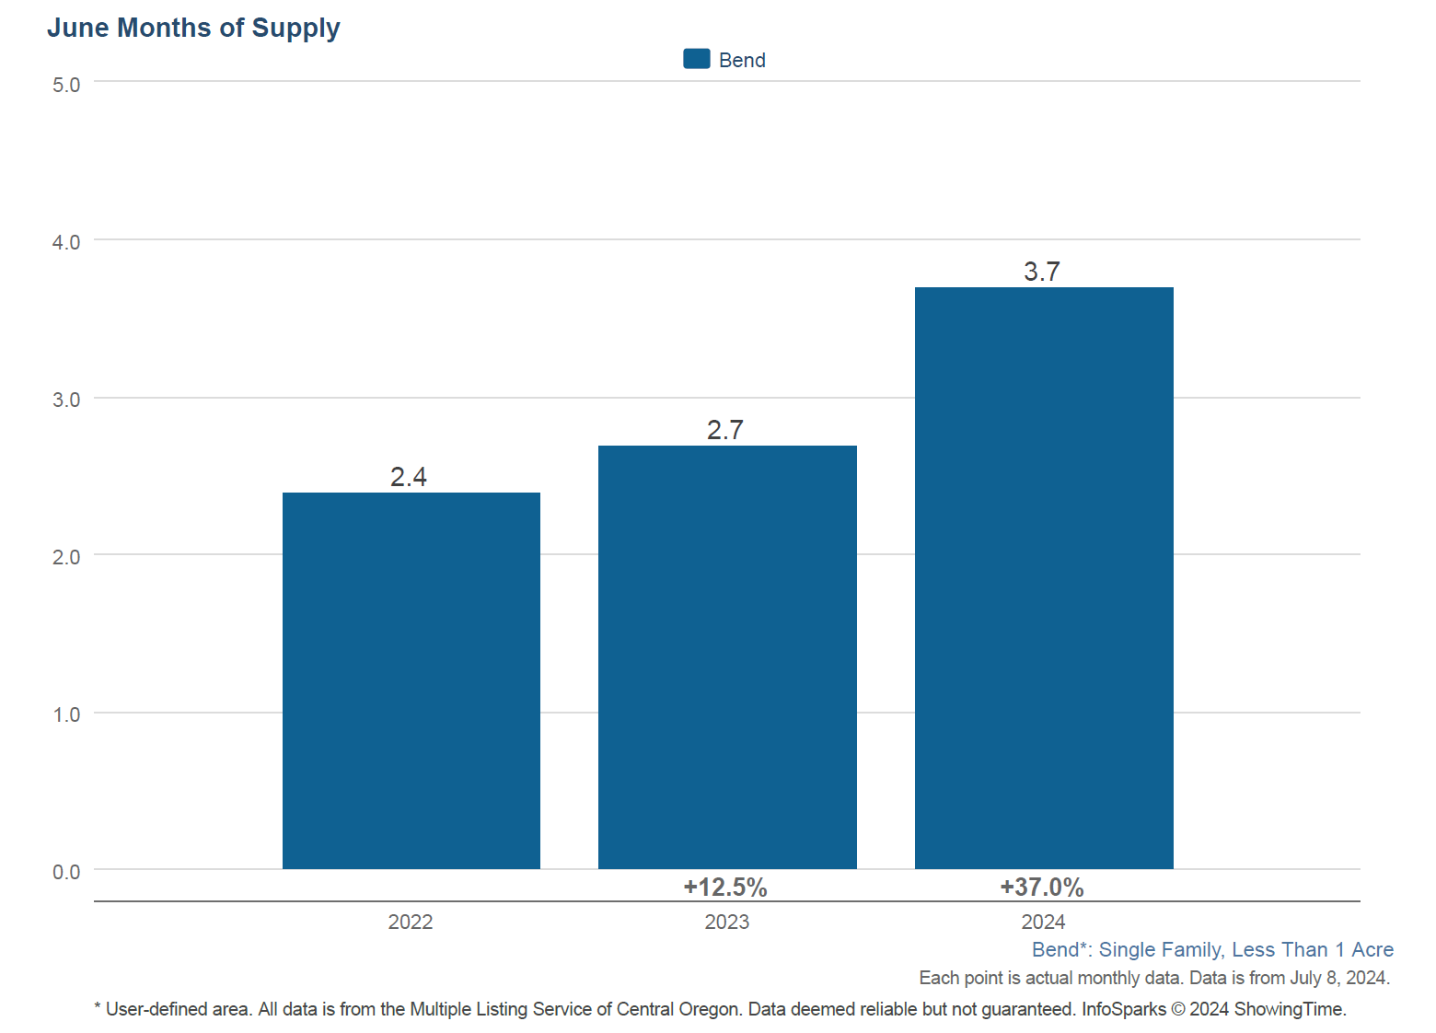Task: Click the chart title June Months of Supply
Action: [x=193, y=28]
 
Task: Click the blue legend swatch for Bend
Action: [x=696, y=59]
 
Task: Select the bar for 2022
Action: [x=411, y=680]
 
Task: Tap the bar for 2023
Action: [x=727, y=656]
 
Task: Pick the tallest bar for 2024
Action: [x=1044, y=577]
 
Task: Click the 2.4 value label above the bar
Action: [x=409, y=477]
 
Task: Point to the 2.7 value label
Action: [x=725, y=430]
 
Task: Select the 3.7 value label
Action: [x=1042, y=272]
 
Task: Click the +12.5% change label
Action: [x=725, y=887]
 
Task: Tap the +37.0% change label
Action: [x=1042, y=887]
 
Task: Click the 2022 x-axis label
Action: [x=411, y=922]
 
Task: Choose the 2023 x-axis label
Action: [x=727, y=922]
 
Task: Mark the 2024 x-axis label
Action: [x=1043, y=922]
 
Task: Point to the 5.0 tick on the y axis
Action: [x=66, y=85]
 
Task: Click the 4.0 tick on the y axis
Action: [x=66, y=242]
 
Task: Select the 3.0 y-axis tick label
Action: [x=66, y=400]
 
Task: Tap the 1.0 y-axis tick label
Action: [x=66, y=714]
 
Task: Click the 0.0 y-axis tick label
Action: [x=66, y=872]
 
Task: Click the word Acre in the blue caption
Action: [x=1372, y=949]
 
